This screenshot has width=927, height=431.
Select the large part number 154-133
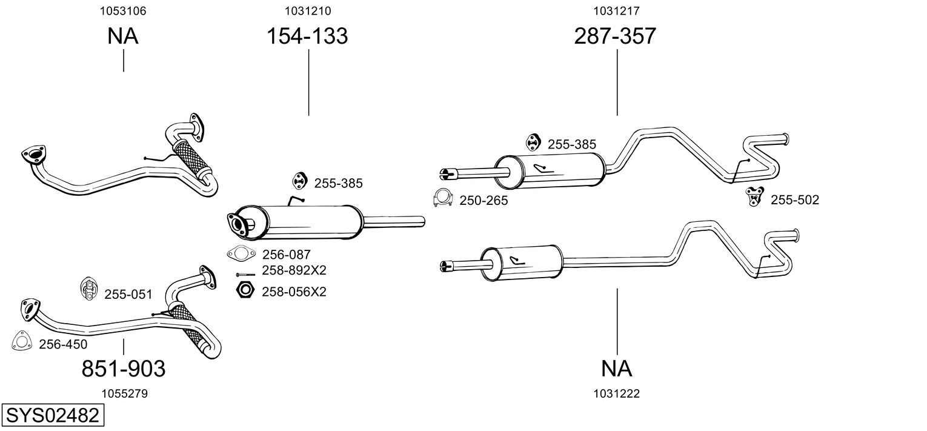pos(308,36)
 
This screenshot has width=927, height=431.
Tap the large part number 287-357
pos(615,36)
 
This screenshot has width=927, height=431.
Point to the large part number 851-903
pos(124,368)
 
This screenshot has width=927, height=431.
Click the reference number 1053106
pos(124,11)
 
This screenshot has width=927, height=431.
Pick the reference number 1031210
pos(308,11)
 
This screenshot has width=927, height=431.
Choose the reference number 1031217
pos(617,11)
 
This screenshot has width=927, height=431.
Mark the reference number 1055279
pos(124,393)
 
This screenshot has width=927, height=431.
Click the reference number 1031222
pos(617,393)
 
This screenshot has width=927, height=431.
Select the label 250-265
pos(483,201)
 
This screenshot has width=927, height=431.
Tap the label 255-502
pos(794,200)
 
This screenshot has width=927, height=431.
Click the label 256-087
pos(286,255)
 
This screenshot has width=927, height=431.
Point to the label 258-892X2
pos(294,270)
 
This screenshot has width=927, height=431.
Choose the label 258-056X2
pos(294,292)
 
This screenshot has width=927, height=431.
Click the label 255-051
pos(128,295)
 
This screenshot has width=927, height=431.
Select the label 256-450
pos(63,344)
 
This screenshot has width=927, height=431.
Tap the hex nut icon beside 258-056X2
pos(244,290)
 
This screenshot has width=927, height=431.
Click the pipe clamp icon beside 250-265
pos(444,199)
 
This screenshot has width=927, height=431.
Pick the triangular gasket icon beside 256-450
pos(22,341)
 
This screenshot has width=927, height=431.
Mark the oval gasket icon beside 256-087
pos(240,253)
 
